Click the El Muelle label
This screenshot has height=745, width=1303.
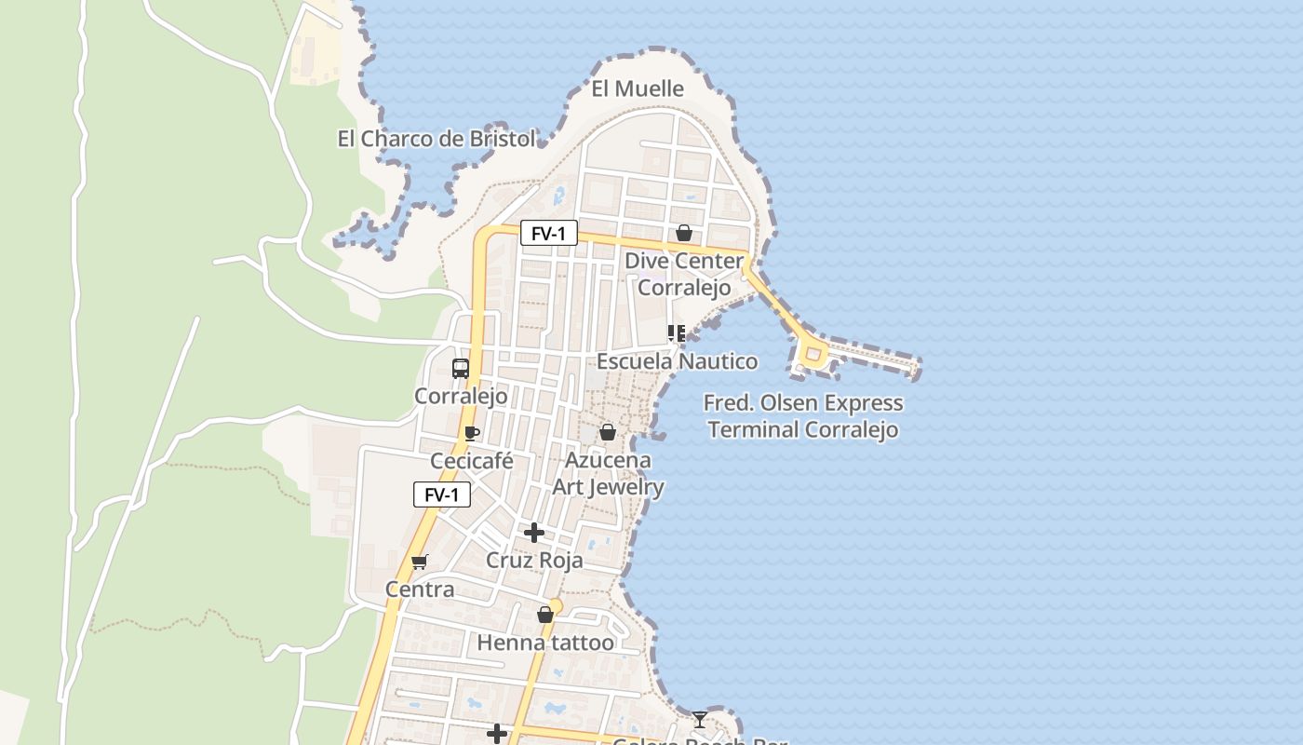[638, 88]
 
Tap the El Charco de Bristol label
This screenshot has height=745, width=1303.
[436, 139]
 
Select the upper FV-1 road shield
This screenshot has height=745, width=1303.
[548, 233]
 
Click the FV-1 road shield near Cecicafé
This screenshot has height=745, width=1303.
[441, 494]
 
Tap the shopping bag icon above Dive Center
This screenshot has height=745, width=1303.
[684, 233]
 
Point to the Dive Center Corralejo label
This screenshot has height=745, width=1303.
[684, 274]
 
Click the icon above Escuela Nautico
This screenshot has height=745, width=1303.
[677, 332]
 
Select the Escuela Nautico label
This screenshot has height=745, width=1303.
[677, 360]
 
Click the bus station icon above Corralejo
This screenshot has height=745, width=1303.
[461, 368]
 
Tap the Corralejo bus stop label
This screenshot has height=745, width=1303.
[461, 396]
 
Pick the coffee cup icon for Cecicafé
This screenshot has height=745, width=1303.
[472, 433]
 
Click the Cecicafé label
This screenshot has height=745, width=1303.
[472, 461]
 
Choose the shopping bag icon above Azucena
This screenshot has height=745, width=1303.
[608, 432]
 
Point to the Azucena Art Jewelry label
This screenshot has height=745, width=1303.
[609, 473]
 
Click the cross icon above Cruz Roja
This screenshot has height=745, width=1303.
[534, 533]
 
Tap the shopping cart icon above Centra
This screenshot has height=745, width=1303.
[420, 562]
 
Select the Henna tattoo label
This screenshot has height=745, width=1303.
[545, 643]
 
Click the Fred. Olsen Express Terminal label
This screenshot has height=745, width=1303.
[803, 416]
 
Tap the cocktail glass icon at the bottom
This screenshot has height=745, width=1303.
[700, 720]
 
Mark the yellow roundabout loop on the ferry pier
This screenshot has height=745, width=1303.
[813, 354]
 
